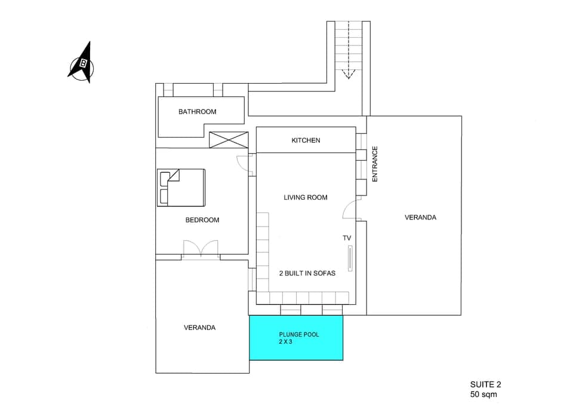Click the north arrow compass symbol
click(82, 62)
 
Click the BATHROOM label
click(197, 112)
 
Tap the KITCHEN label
click(306, 141)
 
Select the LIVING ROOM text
click(305, 197)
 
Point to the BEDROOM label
click(202, 220)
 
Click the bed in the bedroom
click(181, 188)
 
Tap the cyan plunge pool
click(296, 338)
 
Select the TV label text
click(347, 238)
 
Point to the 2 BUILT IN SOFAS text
click(307, 273)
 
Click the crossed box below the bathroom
click(228, 140)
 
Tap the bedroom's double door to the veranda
click(201, 249)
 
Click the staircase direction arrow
click(349, 73)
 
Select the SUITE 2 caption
click(482, 384)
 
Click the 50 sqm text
click(483, 395)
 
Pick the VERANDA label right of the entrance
click(420, 217)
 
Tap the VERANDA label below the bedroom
click(199, 328)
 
